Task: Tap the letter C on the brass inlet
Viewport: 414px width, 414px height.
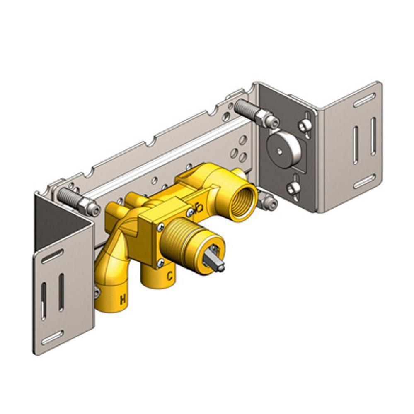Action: pos(170,275)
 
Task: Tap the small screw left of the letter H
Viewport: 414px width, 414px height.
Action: pos(97,294)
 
